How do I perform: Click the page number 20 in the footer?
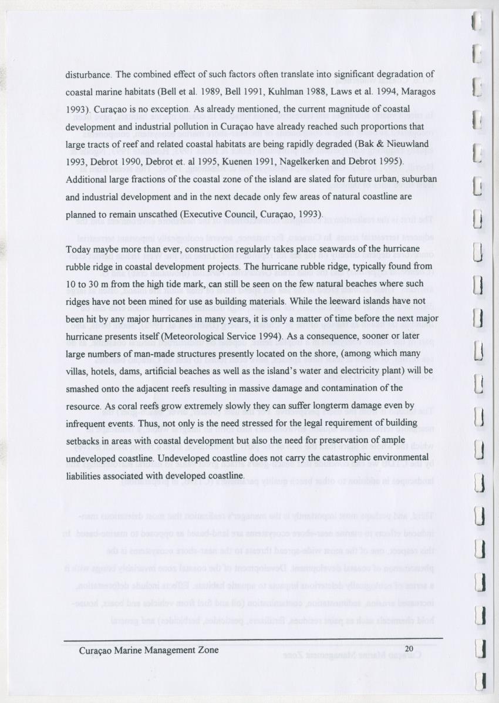(410, 648)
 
